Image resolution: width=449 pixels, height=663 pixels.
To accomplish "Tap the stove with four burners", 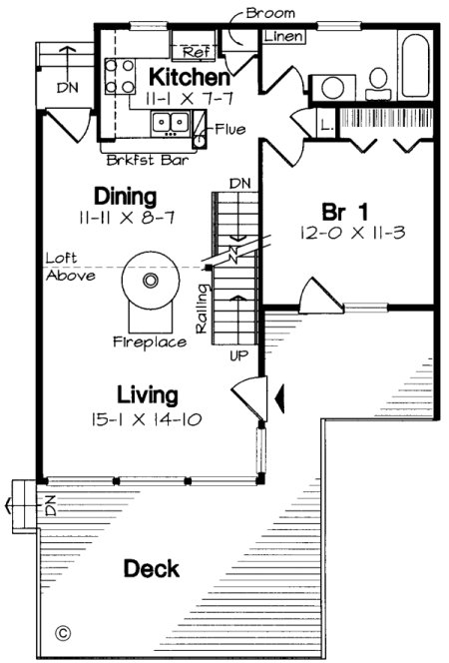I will pyautogui.click(x=121, y=77).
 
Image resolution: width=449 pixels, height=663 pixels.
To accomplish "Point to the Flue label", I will pyautogui.click(x=227, y=129).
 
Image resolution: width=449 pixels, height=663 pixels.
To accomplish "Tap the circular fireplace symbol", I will pyautogui.click(x=151, y=283).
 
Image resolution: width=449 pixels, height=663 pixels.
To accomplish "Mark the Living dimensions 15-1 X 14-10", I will pyautogui.click(x=147, y=419).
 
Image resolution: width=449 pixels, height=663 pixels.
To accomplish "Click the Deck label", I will pyautogui.click(x=152, y=569).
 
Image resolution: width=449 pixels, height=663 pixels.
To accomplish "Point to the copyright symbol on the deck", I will pyautogui.click(x=63, y=632).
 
